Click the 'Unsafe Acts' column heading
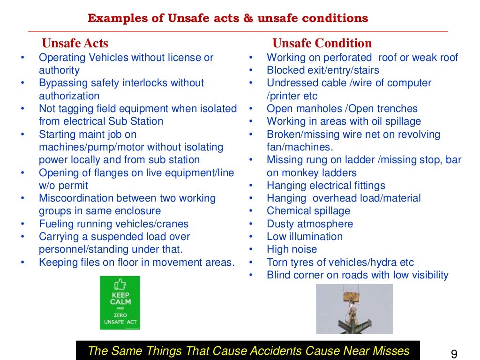75,44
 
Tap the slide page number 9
453,353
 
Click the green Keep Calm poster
120,302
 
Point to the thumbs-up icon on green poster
120,285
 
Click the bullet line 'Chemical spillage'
308,211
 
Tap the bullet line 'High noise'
292,249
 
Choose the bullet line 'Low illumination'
304,237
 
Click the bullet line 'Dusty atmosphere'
309,224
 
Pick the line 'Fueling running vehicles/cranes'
113,224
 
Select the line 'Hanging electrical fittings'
326,186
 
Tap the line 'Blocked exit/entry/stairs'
323,70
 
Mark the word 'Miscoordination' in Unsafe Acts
75,198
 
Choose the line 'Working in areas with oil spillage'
344,121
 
